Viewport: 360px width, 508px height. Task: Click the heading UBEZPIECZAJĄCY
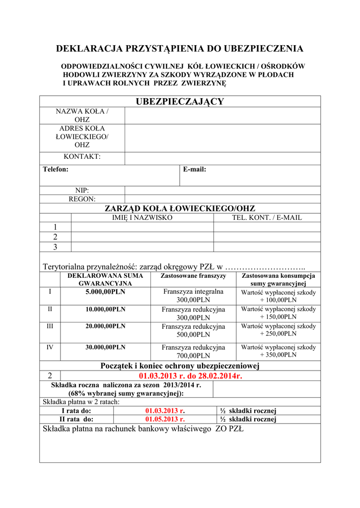pyautogui.click(x=180, y=102)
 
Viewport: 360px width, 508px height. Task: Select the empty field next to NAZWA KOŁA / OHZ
pyautogui.click(x=222, y=116)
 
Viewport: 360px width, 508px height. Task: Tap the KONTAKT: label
pyautogui.click(x=82, y=157)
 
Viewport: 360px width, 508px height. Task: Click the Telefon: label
pyautogui.click(x=56, y=169)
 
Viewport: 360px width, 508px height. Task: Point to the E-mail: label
pyautogui.click(x=195, y=169)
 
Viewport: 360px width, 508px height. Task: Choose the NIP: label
pyautogui.click(x=82, y=190)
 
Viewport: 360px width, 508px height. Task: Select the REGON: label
pyautogui.click(x=82, y=199)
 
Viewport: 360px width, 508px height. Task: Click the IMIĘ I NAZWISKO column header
pyautogui.click(x=142, y=217)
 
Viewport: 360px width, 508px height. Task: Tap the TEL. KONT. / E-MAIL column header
pyautogui.click(x=267, y=217)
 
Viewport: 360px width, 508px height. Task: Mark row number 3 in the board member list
pyautogui.click(x=55, y=247)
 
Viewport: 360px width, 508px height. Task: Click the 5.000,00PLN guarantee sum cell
pyautogui.click(x=105, y=292)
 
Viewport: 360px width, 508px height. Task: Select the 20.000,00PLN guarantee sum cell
pyautogui.click(x=105, y=326)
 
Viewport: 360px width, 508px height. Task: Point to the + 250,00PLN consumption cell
pyautogui.click(x=278, y=330)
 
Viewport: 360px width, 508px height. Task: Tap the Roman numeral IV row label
pyautogui.click(x=50, y=347)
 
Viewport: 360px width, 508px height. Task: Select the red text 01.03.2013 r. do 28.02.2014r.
pyautogui.click(x=191, y=376)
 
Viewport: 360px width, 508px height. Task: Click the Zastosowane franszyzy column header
pyautogui.click(x=193, y=275)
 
